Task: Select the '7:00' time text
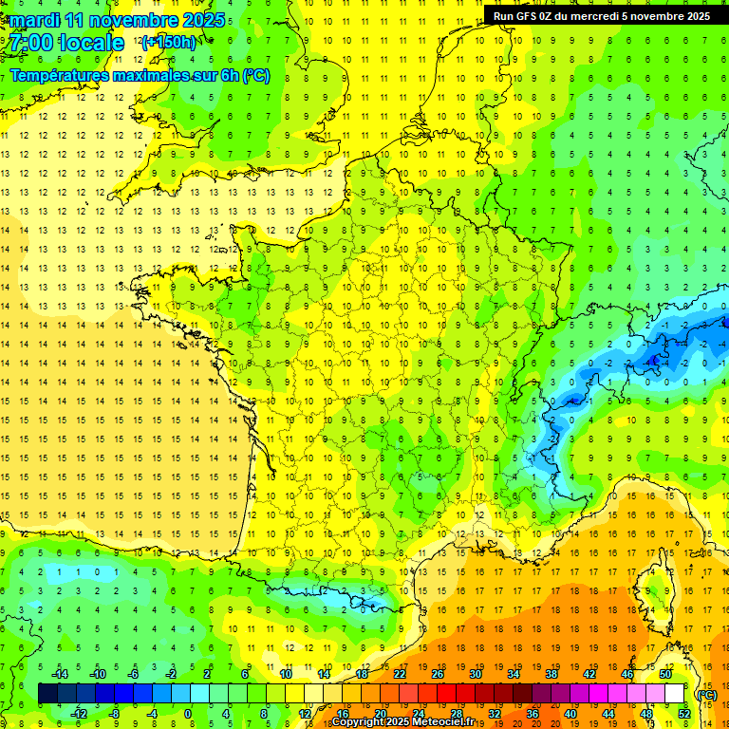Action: click(x=32, y=43)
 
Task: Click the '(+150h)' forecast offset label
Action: click(x=169, y=43)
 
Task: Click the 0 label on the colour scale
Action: click(x=188, y=714)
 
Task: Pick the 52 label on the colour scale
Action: click(x=683, y=714)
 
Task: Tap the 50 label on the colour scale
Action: click(x=665, y=674)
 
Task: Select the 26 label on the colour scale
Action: click(x=438, y=674)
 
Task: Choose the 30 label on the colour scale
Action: click(x=476, y=674)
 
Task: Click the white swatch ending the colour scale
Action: click(x=674, y=694)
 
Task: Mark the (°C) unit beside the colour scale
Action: click(x=706, y=694)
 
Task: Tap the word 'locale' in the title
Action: click(x=90, y=43)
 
